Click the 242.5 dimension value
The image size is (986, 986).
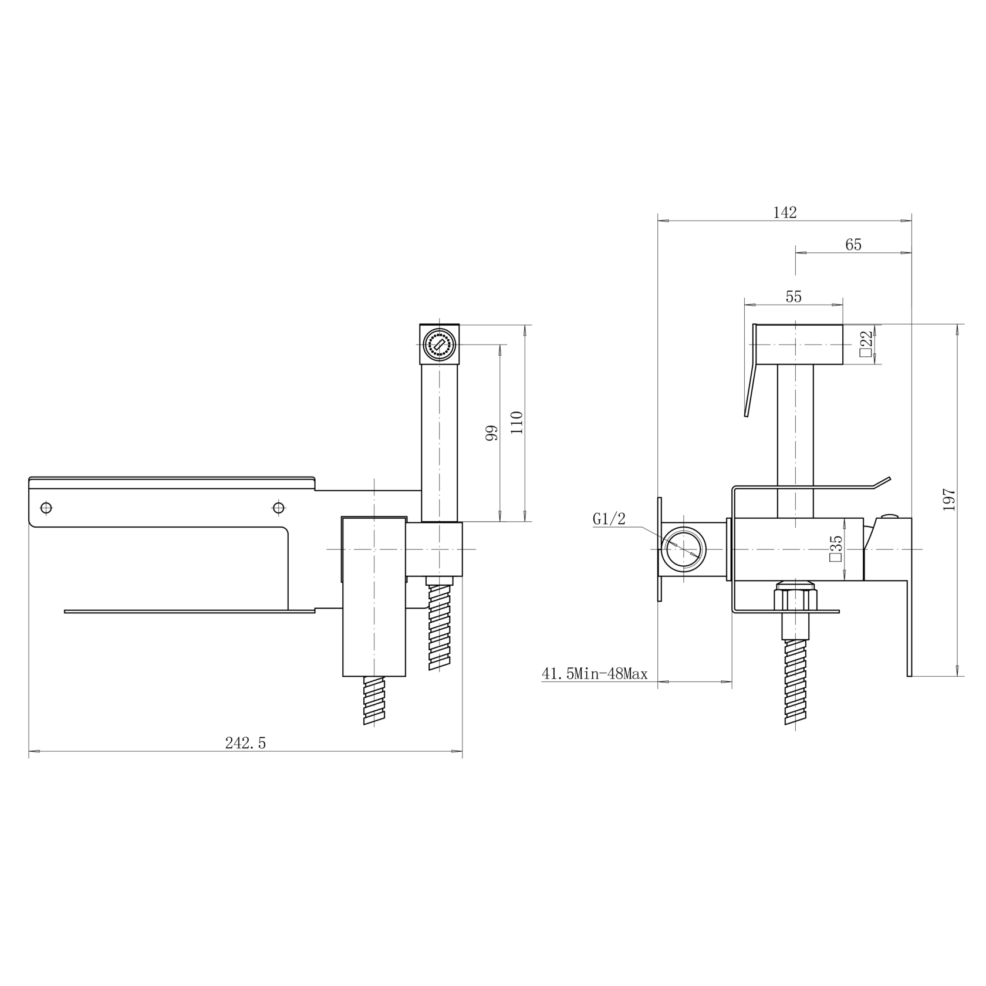(245, 743)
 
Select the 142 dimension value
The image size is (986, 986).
(785, 212)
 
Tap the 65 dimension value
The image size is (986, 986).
(853, 245)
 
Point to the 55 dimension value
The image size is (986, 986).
(793, 297)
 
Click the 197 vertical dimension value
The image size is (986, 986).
(949, 499)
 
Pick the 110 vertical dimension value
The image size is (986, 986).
(516, 423)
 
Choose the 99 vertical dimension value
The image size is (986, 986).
(491, 433)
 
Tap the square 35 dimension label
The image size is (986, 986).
(835, 548)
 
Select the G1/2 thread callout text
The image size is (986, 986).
(609, 519)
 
